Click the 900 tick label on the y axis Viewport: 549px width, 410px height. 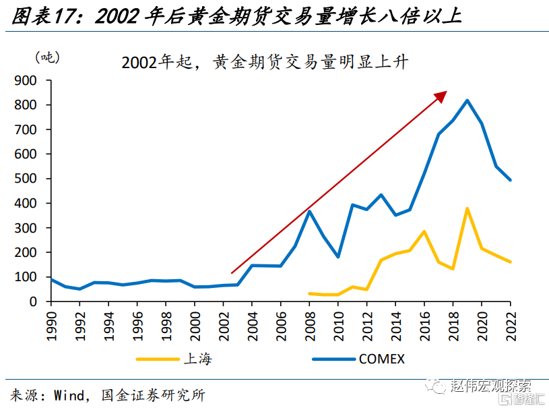(x=25, y=81)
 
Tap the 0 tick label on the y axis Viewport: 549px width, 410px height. (x=33, y=301)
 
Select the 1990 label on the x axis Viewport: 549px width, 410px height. (x=51, y=326)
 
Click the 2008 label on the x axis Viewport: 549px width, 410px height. (x=310, y=326)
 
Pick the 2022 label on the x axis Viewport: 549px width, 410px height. (x=511, y=326)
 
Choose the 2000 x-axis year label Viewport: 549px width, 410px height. (x=195, y=326)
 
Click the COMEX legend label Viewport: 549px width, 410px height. (x=382, y=359)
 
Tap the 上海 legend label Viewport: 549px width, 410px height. (x=198, y=359)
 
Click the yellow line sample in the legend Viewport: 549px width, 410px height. (x=158, y=359)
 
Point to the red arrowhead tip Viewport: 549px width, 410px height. (x=447, y=91)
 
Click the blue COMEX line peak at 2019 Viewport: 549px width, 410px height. (x=467, y=101)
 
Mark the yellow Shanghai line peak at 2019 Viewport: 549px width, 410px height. (x=467, y=209)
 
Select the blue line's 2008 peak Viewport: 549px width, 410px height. (x=309, y=211)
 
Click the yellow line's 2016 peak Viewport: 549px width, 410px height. (x=424, y=231)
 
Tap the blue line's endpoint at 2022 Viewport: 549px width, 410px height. (x=510, y=180)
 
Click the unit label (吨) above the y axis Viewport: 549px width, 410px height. (x=47, y=57)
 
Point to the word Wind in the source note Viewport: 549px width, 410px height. (x=69, y=395)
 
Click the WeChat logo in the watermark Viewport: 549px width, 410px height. (x=435, y=386)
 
